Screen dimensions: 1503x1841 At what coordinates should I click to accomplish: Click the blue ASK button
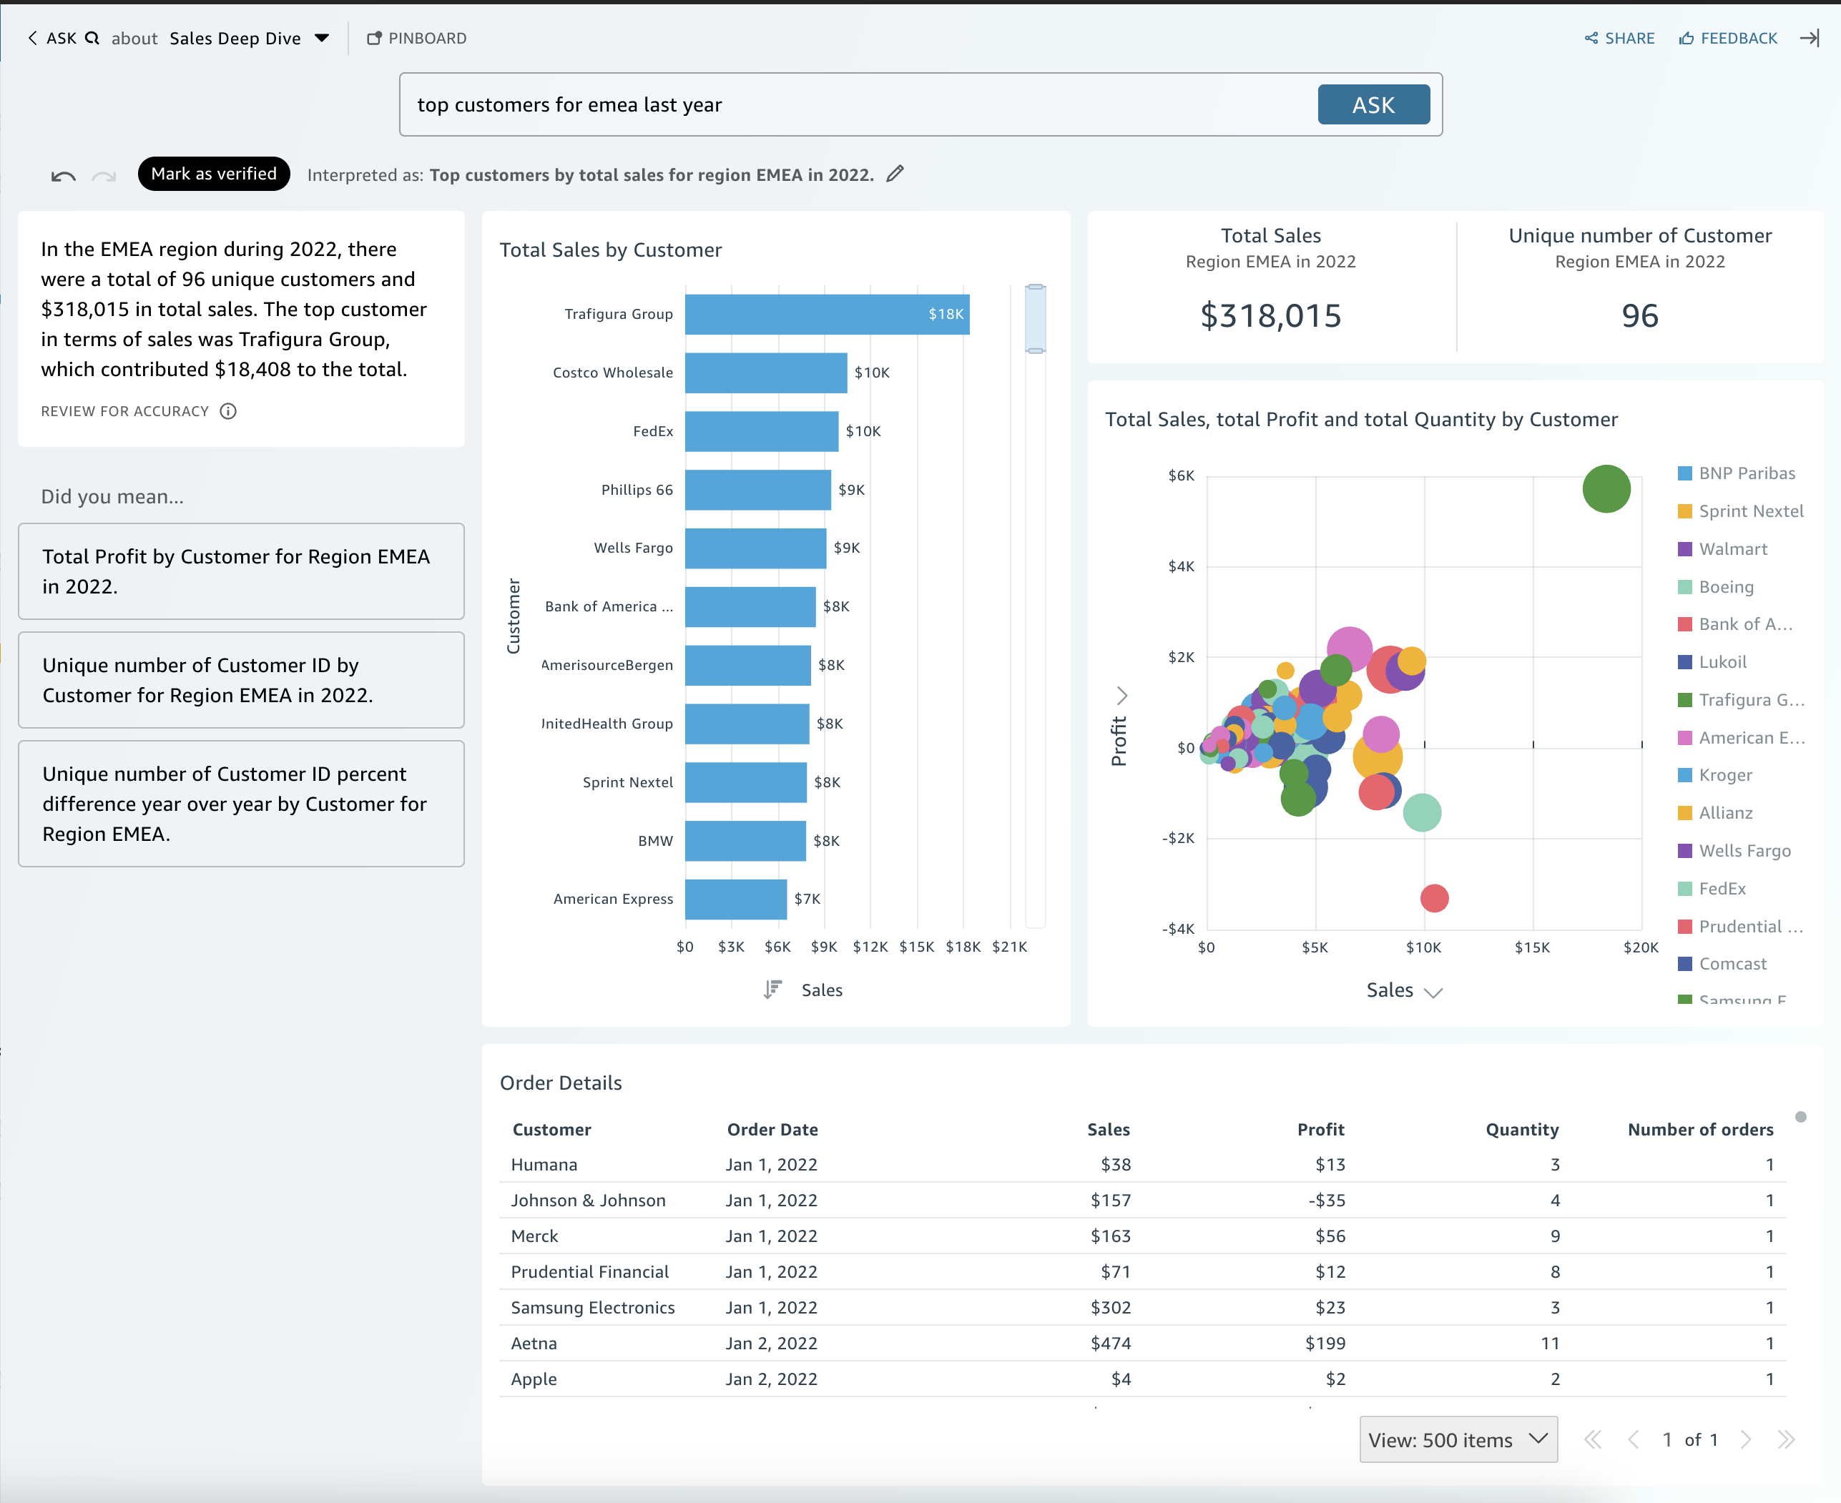(1373, 105)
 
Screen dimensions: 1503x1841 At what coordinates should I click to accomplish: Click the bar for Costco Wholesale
(765, 373)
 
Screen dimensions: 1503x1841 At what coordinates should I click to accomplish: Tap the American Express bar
(735, 900)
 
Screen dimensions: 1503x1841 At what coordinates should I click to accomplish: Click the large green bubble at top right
(1606, 489)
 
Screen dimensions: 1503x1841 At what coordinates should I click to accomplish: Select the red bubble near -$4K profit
(1434, 898)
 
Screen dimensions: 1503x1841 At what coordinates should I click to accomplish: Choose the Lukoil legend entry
(1722, 662)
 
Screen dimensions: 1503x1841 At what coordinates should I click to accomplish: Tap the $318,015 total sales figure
(1270, 316)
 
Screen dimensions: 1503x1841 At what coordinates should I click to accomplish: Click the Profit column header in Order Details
(1320, 1130)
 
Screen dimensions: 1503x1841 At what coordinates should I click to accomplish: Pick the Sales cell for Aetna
(1110, 1344)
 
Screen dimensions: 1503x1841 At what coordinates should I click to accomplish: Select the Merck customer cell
(534, 1236)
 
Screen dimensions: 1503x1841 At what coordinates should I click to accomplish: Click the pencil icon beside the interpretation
(895, 174)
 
